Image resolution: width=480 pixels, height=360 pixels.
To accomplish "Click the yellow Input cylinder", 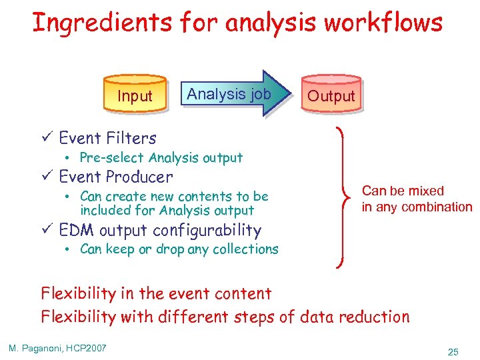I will pos(135,95).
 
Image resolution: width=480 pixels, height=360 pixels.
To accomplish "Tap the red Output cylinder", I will pos(331,95).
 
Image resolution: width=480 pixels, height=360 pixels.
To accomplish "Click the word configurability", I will pos(207,231).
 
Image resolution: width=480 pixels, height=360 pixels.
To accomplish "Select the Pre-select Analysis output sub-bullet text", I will pos(161,158).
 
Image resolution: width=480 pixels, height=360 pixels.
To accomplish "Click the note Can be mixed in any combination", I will pos(416,199).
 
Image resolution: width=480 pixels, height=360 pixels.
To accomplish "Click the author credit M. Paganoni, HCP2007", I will pos(57,349).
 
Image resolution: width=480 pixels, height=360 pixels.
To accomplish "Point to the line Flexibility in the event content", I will pos(156,293).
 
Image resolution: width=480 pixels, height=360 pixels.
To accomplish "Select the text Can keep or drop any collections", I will pos(179,249).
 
